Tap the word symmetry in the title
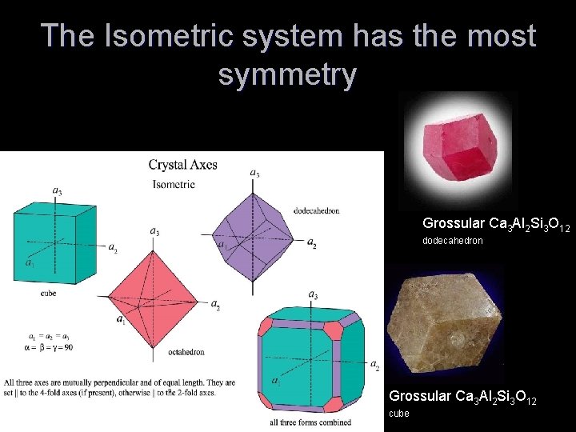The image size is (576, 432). tap(287, 74)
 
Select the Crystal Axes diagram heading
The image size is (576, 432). tap(182, 166)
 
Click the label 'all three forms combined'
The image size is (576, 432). tap(307, 422)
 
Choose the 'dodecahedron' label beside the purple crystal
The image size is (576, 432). tap(318, 211)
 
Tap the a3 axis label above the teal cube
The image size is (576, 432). tap(58, 190)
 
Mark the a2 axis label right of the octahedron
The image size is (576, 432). tap(215, 304)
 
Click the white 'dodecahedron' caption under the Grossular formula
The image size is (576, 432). tap(453, 241)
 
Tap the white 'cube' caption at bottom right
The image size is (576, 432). tap(398, 414)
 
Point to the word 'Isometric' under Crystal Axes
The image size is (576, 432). tap(174, 184)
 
